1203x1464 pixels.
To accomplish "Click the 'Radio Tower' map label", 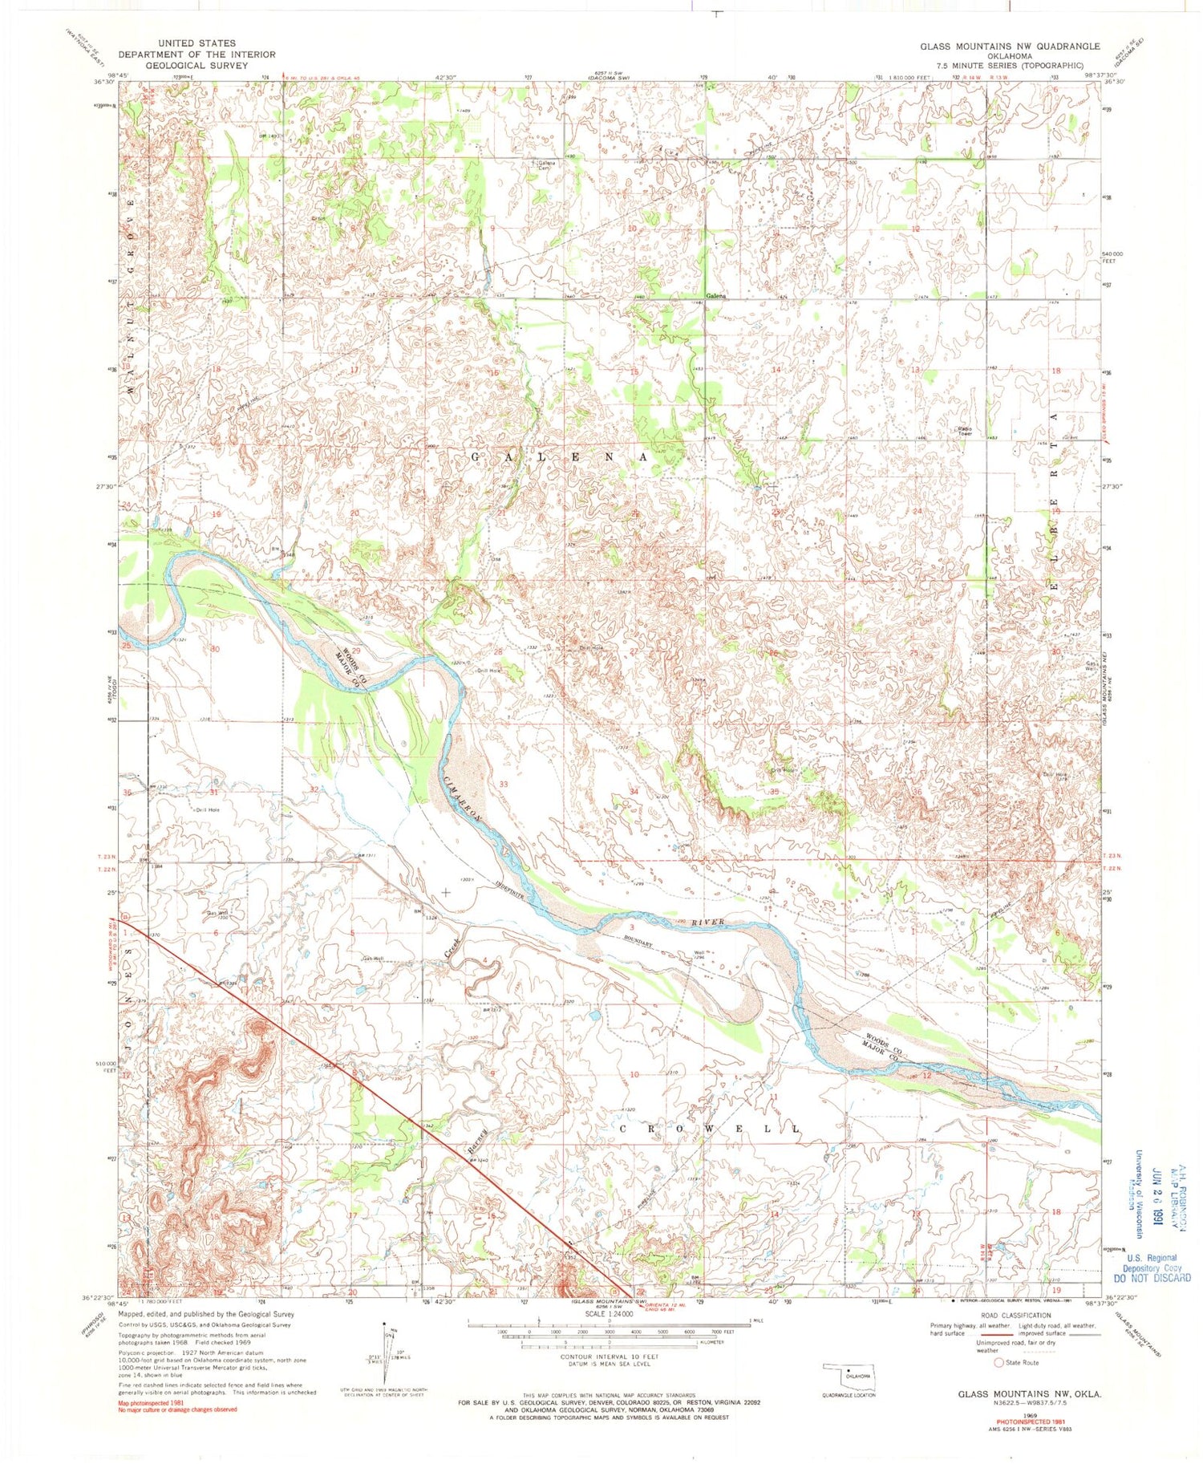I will (x=964, y=431).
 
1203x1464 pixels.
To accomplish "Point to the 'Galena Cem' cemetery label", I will (x=546, y=165).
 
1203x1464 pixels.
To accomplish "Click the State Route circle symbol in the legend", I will (x=998, y=1362).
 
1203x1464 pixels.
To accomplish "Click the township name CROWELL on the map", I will (x=709, y=1129).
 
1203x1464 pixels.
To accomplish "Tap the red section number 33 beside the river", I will (x=504, y=783).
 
